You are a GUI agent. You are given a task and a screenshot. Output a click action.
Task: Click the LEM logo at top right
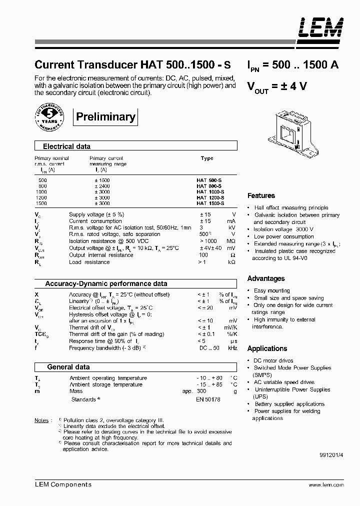(321, 28)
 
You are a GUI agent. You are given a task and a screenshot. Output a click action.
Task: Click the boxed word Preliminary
(105, 117)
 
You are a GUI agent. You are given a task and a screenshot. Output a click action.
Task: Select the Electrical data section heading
(66, 146)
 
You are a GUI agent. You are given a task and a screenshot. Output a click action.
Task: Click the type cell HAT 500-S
(210, 180)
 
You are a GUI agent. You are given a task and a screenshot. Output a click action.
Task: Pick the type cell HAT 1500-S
(210, 204)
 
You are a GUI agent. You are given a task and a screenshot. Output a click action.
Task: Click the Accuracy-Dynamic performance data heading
(106, 283)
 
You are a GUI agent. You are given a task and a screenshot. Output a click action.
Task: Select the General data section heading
(68, 367)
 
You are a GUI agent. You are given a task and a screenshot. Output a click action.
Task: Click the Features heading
(261, 195)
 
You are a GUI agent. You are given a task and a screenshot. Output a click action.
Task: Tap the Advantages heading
(266, 278)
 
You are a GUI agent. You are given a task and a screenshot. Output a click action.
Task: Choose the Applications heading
(267, 348)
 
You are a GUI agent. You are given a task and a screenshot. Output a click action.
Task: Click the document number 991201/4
(331, 456)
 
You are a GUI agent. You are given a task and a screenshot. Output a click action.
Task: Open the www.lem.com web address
(326, 485)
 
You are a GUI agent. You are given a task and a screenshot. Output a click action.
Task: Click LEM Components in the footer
(63, 484)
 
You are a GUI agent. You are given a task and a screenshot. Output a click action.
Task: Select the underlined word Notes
(41, 420)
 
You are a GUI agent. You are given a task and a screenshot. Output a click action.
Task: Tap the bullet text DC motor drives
(273, 360)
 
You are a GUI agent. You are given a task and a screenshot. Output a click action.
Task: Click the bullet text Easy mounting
(271, 290)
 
